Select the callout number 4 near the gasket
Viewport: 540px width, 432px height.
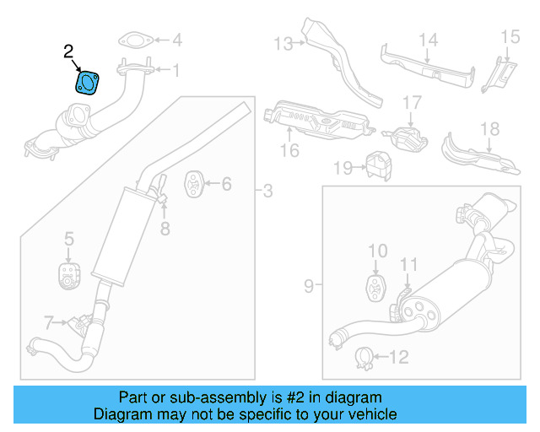(176, 40)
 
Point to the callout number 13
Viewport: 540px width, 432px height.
(282, 43)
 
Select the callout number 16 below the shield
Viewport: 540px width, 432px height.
(289, 151)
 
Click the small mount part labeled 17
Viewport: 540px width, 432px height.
(405, 137)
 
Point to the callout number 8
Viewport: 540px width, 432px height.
(165, 227)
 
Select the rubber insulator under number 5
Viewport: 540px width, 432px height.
(68, 275)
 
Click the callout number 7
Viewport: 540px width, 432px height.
(50, 321)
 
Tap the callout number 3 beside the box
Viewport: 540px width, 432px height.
(267, 192)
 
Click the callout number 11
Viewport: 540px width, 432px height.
(408, 266)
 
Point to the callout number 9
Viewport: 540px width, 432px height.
(308, 286)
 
